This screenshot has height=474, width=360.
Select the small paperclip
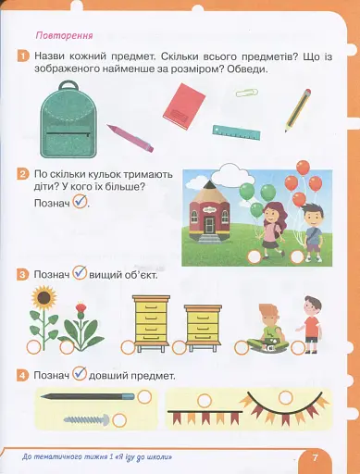pyautogui.click(x=245, y=93)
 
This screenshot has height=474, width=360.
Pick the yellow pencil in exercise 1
pyautogui.click(x=297, y=108)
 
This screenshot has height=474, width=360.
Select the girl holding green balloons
pyautogui.click(x=269, y=227)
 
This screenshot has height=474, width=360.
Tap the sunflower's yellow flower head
pyautogui.click(x=42, y=298)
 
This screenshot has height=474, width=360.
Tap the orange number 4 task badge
pyautogui.click(x=21, y=375)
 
